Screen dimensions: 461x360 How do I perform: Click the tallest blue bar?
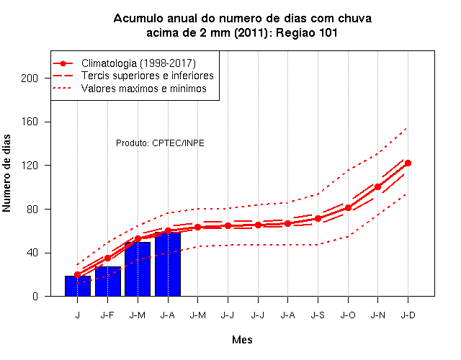(x=168, y=264)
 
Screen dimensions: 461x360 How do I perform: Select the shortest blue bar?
(x=78, y=286)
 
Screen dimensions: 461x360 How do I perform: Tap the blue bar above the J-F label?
(x=108, y=282)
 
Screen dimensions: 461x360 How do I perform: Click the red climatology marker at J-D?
(x=408, y=163)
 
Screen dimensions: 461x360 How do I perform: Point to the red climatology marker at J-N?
(x=377, y=186)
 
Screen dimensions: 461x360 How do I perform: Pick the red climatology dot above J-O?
(x=348, y=208)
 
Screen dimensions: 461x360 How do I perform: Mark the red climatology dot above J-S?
(x=318, y=219)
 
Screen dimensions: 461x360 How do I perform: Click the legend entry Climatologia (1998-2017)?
(x=138, y=63)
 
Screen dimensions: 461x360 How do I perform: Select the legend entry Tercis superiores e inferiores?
(x=147, y=76)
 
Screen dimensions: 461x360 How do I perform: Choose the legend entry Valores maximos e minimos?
(x=144, y=89)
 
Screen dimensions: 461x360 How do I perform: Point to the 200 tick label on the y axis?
(x=30, y=78)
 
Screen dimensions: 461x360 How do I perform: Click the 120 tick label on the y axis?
(x=30, y=166)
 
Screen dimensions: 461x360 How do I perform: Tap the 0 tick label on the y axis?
(x=35, y=296)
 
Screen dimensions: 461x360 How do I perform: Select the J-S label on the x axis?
(x=318, y=315)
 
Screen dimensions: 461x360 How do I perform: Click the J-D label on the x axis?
(x=408, y=315)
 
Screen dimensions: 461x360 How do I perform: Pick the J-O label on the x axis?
(x=348, y=315)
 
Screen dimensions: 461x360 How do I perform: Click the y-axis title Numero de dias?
(x=6, y=174)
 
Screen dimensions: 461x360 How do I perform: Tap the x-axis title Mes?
(x=242, y=340)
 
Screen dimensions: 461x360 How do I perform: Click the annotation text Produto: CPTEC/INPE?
(x=160, y=143)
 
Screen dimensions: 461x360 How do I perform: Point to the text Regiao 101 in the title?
(x=306, y=32)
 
